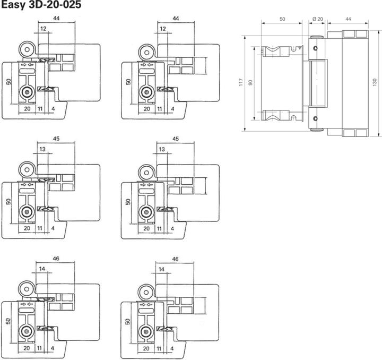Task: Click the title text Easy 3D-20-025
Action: (x=40, y=6)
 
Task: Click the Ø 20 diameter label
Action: (x=317, y=19)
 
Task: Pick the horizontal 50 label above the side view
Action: (x=282, y=19)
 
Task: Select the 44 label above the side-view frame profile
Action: (x=348, y=19)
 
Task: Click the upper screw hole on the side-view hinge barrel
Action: (x=317, y=48)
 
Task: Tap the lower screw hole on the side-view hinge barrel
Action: (x=317, y=119)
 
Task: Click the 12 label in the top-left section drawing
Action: (x=43, y=28)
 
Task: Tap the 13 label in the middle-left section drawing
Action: (x=42, y=149)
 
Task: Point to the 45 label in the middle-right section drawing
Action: (x=176, y=139)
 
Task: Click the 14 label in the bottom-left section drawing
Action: (x=42, y=269)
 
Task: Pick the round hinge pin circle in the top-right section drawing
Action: (x=144, y=51)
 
